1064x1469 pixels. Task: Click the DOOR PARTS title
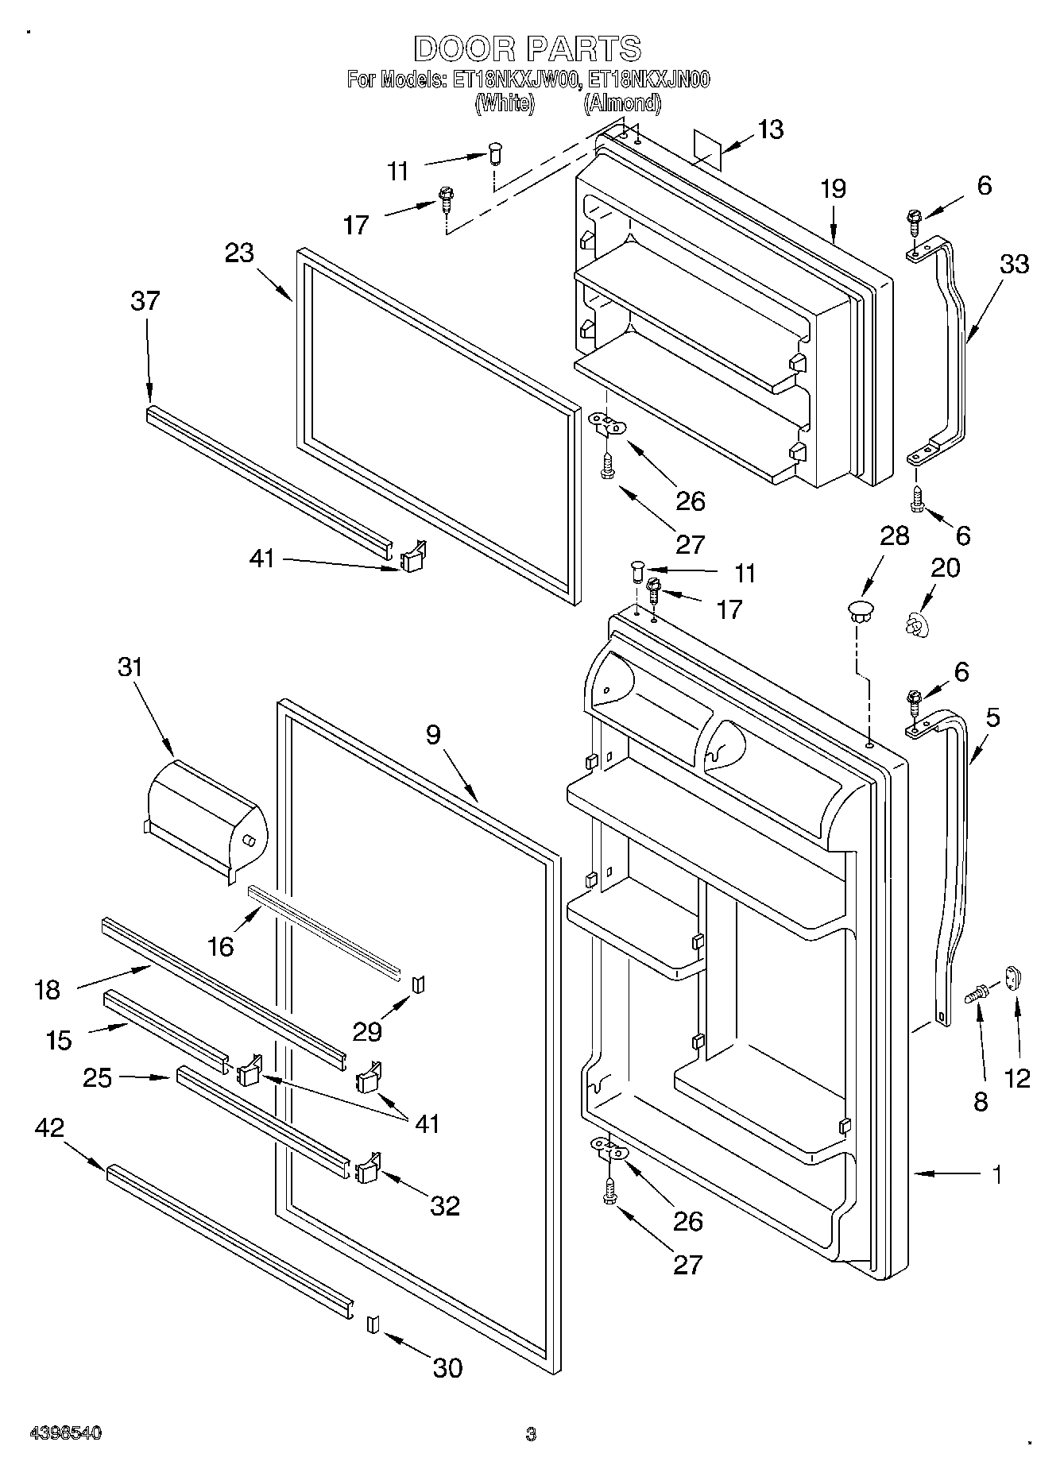(x=527, y=49)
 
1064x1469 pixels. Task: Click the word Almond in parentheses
(x=622, y=102)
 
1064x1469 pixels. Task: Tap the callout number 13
(x=770, y=130)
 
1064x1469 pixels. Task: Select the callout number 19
(x=833, y=189)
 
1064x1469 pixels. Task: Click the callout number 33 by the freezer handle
(x=1014, y=264)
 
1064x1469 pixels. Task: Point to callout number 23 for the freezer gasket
(x=239, y=253)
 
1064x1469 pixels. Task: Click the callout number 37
(x=145, y=301)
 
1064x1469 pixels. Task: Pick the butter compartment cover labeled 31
(x=207, y=818)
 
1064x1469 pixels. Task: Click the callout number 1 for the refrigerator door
(x=996, y=1173)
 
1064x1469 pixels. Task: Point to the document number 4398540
(x=65, y=1433)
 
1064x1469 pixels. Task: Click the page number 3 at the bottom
(x=531, y=1434)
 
